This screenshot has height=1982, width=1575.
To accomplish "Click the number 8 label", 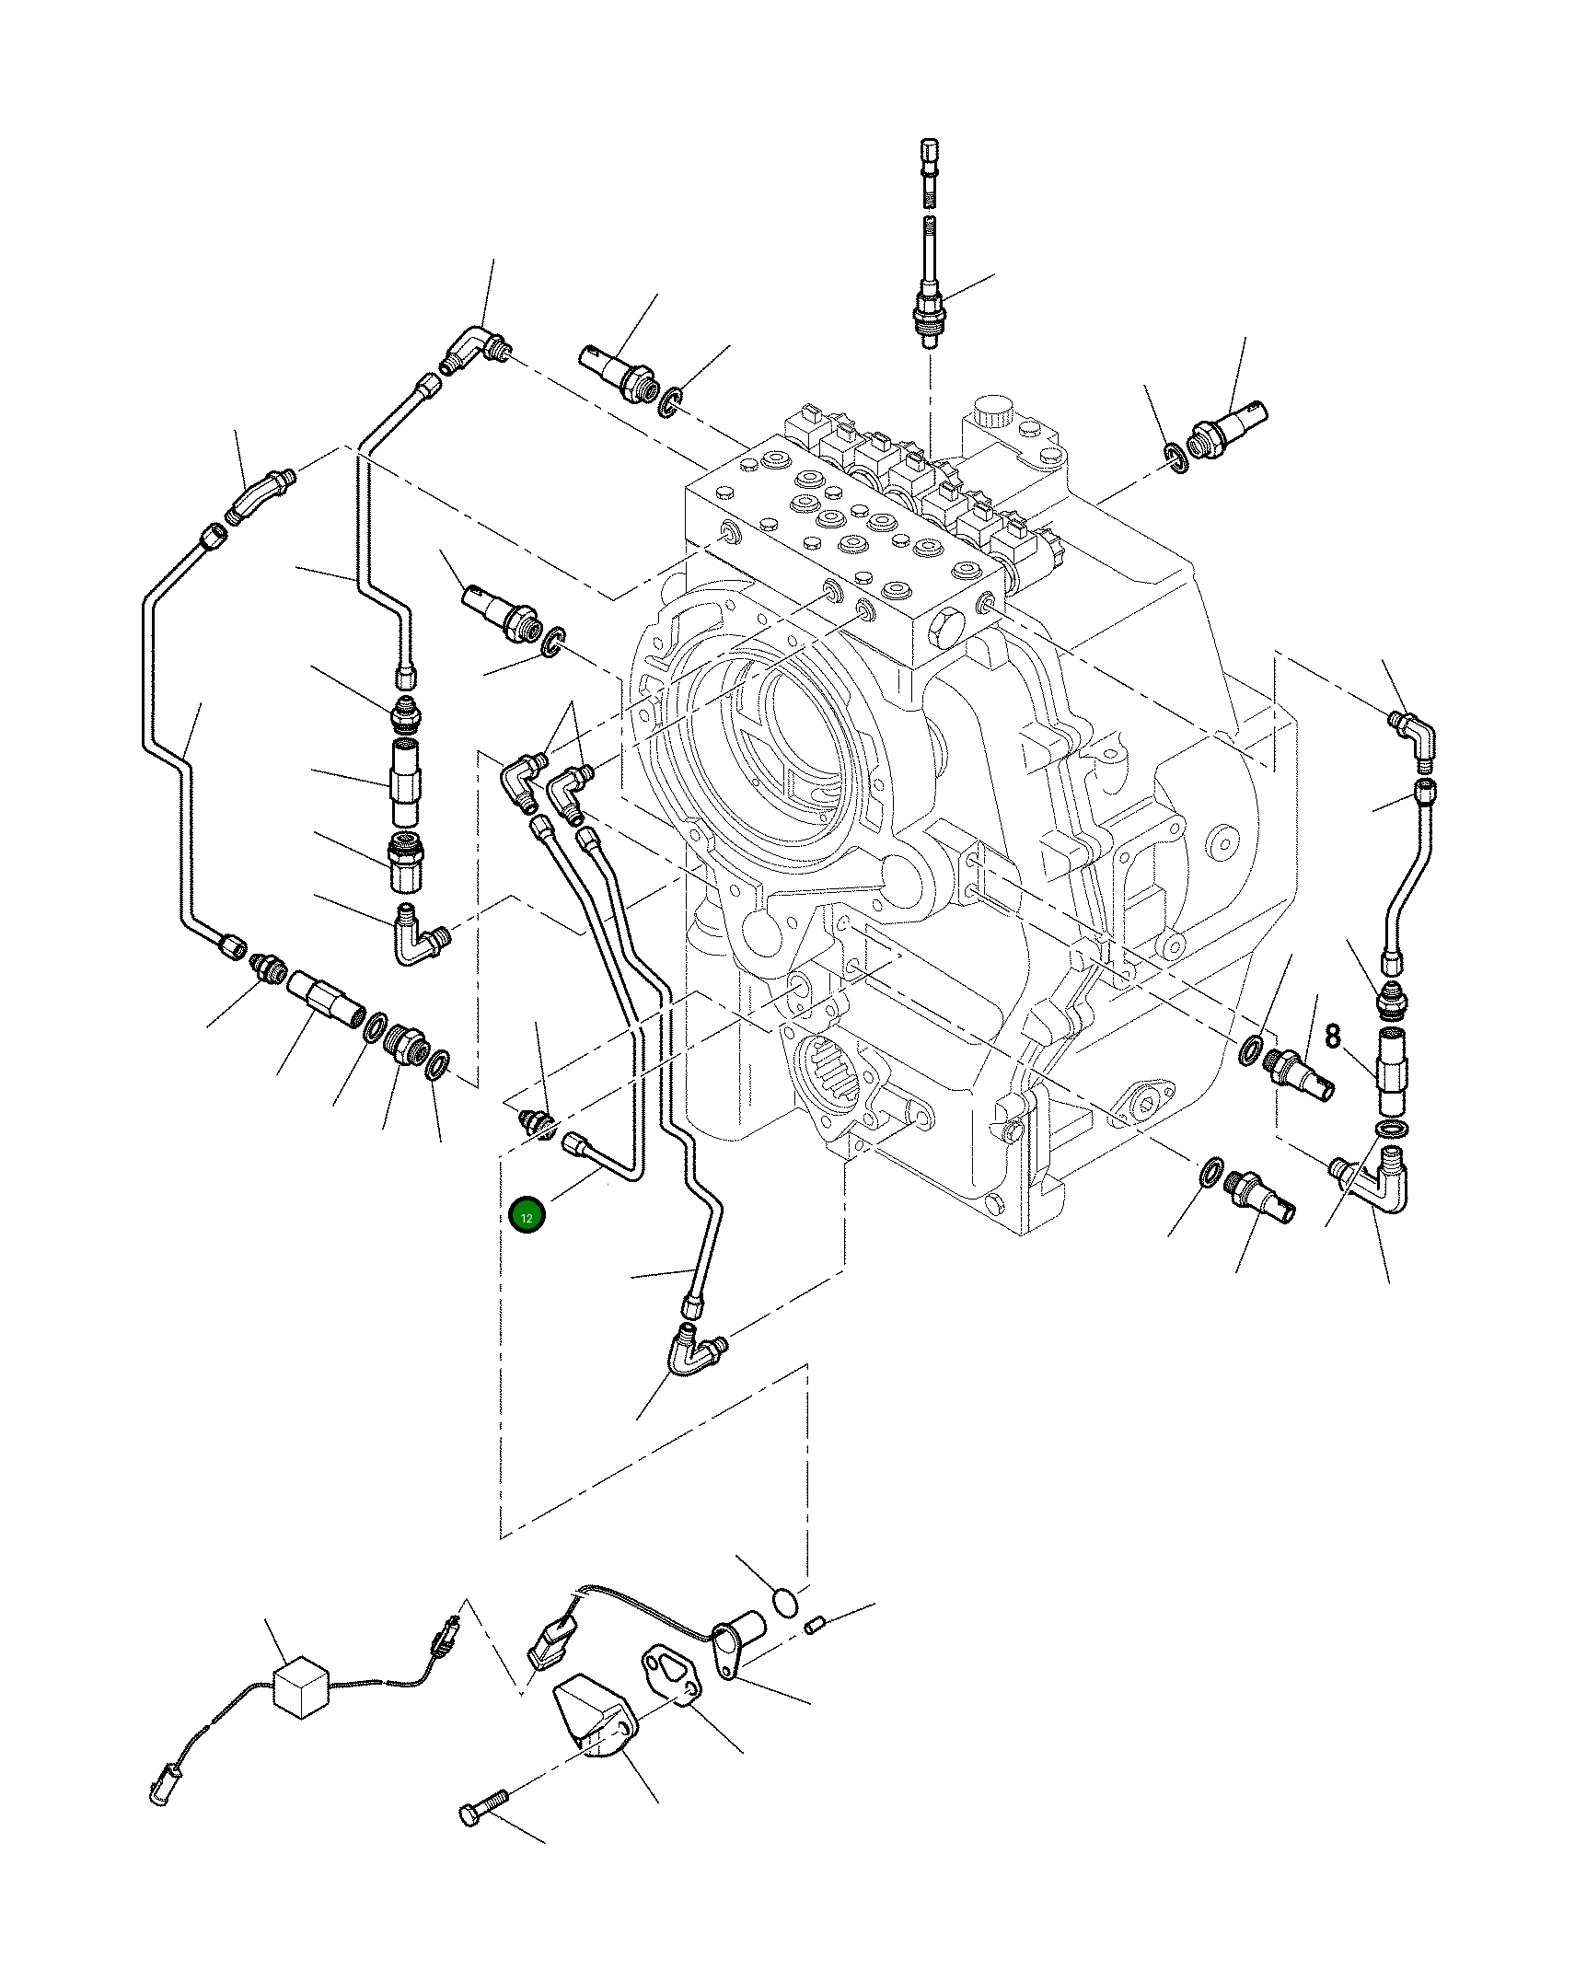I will pos(1333,1037).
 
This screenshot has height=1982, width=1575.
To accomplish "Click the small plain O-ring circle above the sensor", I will pos(784,1603).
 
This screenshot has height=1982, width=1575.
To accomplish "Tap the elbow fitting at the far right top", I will pos(1414,737).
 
